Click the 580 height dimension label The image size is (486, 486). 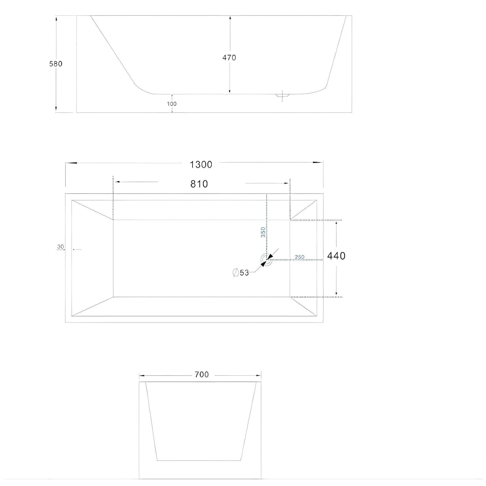tap(56, 64)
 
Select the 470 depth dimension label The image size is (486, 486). tap(229, 58)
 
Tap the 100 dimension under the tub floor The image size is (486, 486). tap(172, 104)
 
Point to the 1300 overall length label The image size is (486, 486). tap(201, 165)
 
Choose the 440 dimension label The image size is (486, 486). tap(336, 256)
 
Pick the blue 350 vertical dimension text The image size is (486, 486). tap(263, 232)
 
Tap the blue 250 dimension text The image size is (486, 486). tap(300, 257)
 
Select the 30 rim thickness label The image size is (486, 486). tap(60, 247)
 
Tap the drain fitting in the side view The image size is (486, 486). tap(282, 95)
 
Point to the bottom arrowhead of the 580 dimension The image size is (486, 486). tap(56, 109)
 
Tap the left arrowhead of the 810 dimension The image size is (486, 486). tap(117, 182)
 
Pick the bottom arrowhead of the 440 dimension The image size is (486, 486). tap(336, 293)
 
